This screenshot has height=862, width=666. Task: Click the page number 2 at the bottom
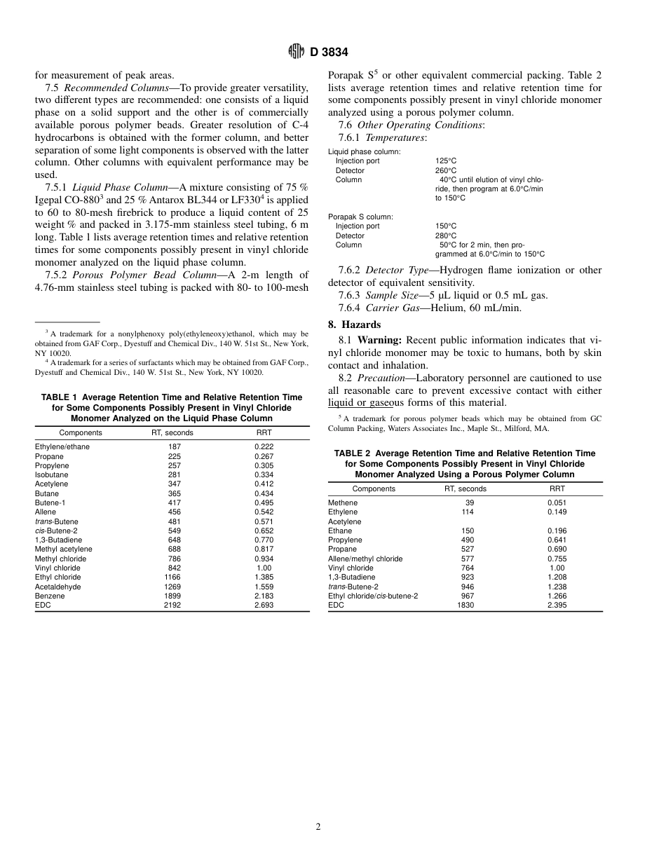click(x=318, y=827)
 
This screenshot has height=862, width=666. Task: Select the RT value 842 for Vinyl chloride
click(x=175, y=568)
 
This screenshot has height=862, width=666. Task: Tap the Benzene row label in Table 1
click(x=50, y=596)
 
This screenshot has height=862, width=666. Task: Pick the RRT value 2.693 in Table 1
click(x=264, y=605)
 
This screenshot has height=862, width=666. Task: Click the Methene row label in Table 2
click(x=343, y=502)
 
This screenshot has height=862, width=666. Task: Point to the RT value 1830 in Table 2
click(x=465, y=605)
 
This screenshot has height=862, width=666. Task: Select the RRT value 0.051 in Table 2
click(x=557, y=502)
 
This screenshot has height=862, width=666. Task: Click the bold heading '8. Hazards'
click(x=355, y=324)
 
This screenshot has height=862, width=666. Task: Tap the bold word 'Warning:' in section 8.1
click(x=380, y=340)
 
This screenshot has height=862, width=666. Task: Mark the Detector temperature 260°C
click(x=446, y=170)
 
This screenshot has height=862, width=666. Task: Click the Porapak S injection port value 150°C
click(x=446, y=226)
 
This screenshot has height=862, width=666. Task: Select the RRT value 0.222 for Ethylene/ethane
click(x=264, y=446)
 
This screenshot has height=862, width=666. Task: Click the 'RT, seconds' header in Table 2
click(x=465, y=488)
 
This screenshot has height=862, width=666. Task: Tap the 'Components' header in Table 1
click(x=81, y=432)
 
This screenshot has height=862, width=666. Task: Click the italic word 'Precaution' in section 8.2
click(x=381, y=378)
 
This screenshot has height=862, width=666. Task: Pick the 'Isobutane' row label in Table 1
click(x=52, y=474)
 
